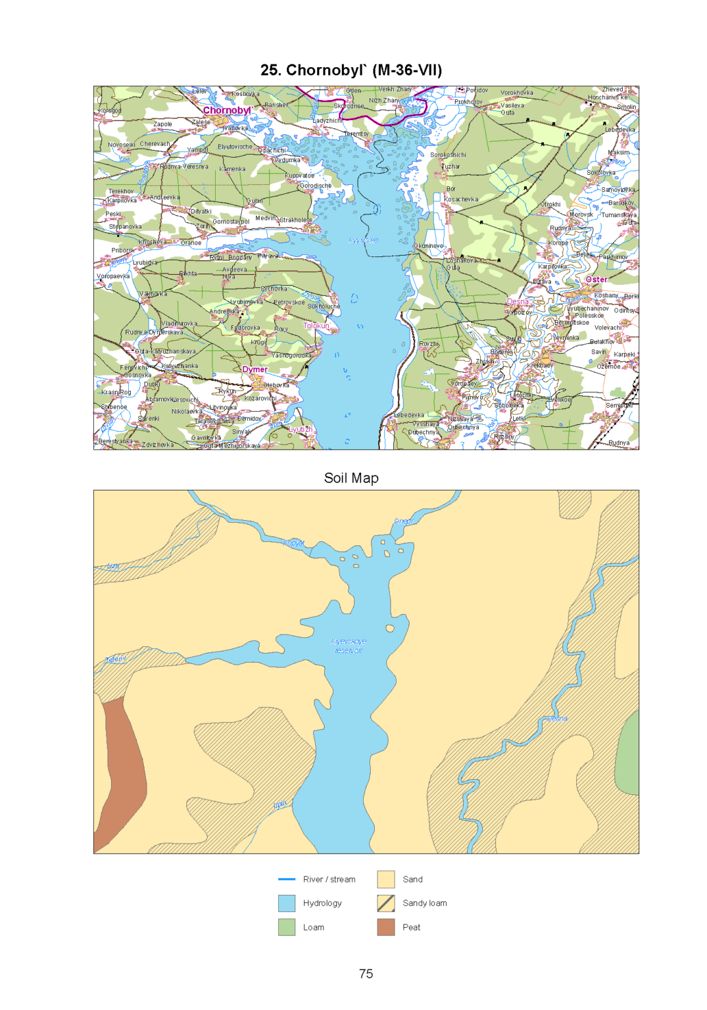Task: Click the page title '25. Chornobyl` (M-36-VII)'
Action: coord(351,70)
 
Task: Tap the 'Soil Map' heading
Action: coord(351,478)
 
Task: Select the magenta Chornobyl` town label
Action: coord(227,110)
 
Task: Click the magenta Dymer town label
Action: coord(255,369)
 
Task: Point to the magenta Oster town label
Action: coord(597,279)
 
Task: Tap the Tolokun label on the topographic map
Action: coord(316,325)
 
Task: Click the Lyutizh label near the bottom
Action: coord(301,429)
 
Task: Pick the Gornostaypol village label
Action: coord(231,222)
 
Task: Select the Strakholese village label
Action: coord(296,220)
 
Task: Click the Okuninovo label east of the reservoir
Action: coord(429,246)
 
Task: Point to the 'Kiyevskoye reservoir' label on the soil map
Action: coord(349,646)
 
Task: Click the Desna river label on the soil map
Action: coord(556,719)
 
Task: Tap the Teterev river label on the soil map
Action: coord(115,659)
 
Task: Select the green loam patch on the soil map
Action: coord(630,756)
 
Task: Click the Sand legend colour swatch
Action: coord(386,879)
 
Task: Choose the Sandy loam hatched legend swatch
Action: coord(386,903)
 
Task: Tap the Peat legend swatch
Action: coord(386,927)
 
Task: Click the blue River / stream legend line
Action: coord(287,879)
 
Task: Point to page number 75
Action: coord(366,974)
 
